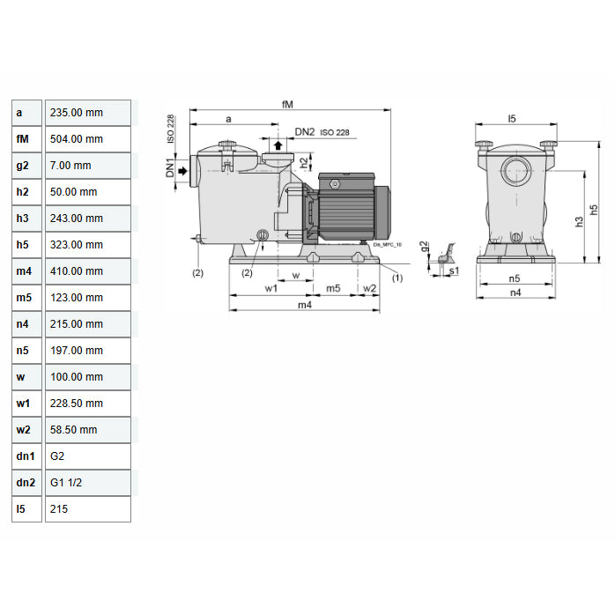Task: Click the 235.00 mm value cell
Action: pyautogui.click(x=87, y=113)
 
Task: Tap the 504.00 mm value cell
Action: pyautogui.click(x=87, y=139)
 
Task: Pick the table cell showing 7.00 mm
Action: pyautogui.click(x=87, y=166)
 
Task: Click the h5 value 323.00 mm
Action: pyautogui.click(x=87, y=245)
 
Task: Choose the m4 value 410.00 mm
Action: pyautogui.click(x=87, y=271)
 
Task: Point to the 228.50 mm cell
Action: pyautogui.click(x=87, y=404)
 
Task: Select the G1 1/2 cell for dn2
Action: pyautogui.click(x=87, y=483)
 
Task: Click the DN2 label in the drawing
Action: pyautogui.click(x=305, y=131)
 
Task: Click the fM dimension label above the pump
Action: pyautogui.click(x=287, y=104)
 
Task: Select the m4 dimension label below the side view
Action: pyautogui.click(x=304, y=305)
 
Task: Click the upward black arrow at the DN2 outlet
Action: pyautogui.click(x=278, y=145)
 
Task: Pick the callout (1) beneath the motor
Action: pyautogui.click(x=396, y=278)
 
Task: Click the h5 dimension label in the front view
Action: pyautogui.click(x=595, y=209)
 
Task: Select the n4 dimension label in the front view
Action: pyautogui.click(x=515, y=292)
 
